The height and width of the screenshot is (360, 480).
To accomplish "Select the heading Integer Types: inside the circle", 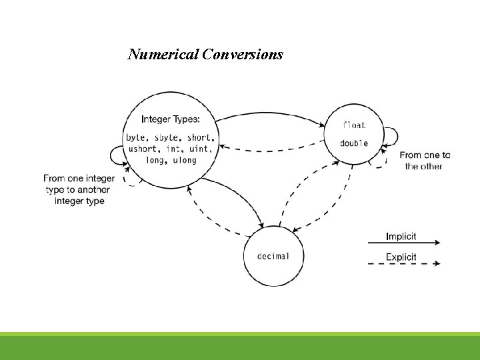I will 170,119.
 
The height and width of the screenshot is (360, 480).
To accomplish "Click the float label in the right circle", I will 354,125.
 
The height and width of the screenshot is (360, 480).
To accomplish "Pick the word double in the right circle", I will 354,143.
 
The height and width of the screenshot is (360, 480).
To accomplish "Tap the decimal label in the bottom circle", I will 273,257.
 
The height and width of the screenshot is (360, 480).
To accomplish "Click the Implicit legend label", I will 401,236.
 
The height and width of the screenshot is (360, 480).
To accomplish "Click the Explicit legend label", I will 401,257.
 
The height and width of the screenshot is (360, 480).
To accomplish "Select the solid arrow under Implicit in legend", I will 404,243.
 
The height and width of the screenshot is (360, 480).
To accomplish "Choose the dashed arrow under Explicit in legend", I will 404,263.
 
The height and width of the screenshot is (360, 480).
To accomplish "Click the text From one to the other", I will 425,161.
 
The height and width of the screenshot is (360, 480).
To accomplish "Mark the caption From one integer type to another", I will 79,189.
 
